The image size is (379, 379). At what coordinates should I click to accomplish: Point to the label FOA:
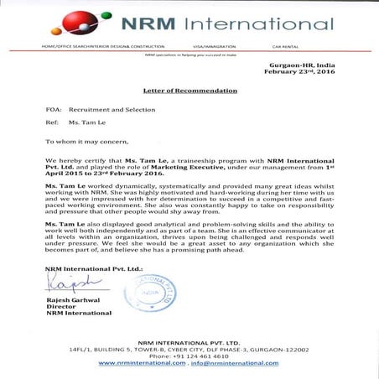click(x=53, y=110)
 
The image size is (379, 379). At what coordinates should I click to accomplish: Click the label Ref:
click(x=51, y=125)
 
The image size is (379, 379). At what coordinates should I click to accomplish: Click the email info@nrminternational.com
click(x=235, y=363)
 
